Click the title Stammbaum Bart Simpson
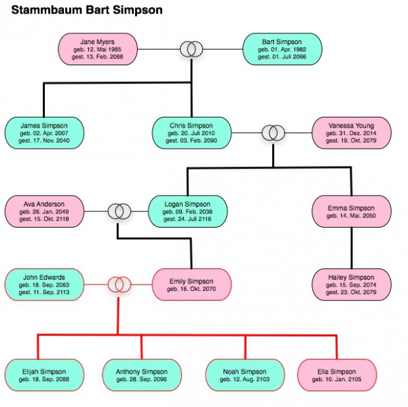[87, 11]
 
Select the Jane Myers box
[98, 49]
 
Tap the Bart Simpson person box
[282, 49]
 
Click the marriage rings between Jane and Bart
[191, 49]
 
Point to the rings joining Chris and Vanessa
[274, 132]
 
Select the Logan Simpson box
[188, 211]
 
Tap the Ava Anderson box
[44, 211]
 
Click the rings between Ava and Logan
[119, 211]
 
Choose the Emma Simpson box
[352, 211]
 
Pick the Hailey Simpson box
[352, 284]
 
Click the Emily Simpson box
[191, 284]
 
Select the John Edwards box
[44, 284]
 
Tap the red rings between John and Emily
[119, 284]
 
